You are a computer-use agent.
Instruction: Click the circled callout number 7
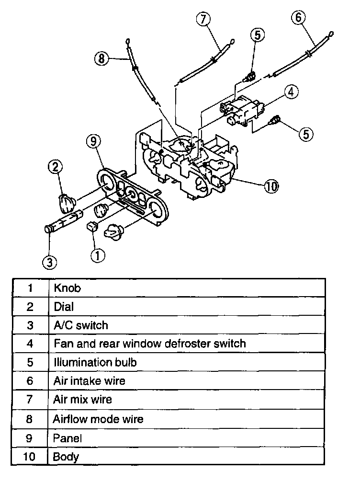(203, 19)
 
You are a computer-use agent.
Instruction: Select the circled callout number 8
(101, 59)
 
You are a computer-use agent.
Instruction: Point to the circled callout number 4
(292, 92)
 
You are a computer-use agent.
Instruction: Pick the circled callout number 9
(93, 141)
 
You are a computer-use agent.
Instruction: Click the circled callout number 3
(49, 261)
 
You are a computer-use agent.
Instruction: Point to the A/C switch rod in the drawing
(62, 222)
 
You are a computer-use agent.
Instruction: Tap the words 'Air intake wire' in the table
(90, 381)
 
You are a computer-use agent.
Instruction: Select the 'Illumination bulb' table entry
(95, 362)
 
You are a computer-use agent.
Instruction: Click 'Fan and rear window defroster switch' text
(150, 344)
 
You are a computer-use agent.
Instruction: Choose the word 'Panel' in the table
(67, 437)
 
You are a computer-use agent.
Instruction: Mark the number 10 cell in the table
(30, 456)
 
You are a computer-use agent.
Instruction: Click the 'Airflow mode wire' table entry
(98, 419)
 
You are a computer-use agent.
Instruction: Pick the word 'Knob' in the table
(67, 288)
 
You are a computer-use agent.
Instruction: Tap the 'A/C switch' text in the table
(81, 325)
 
